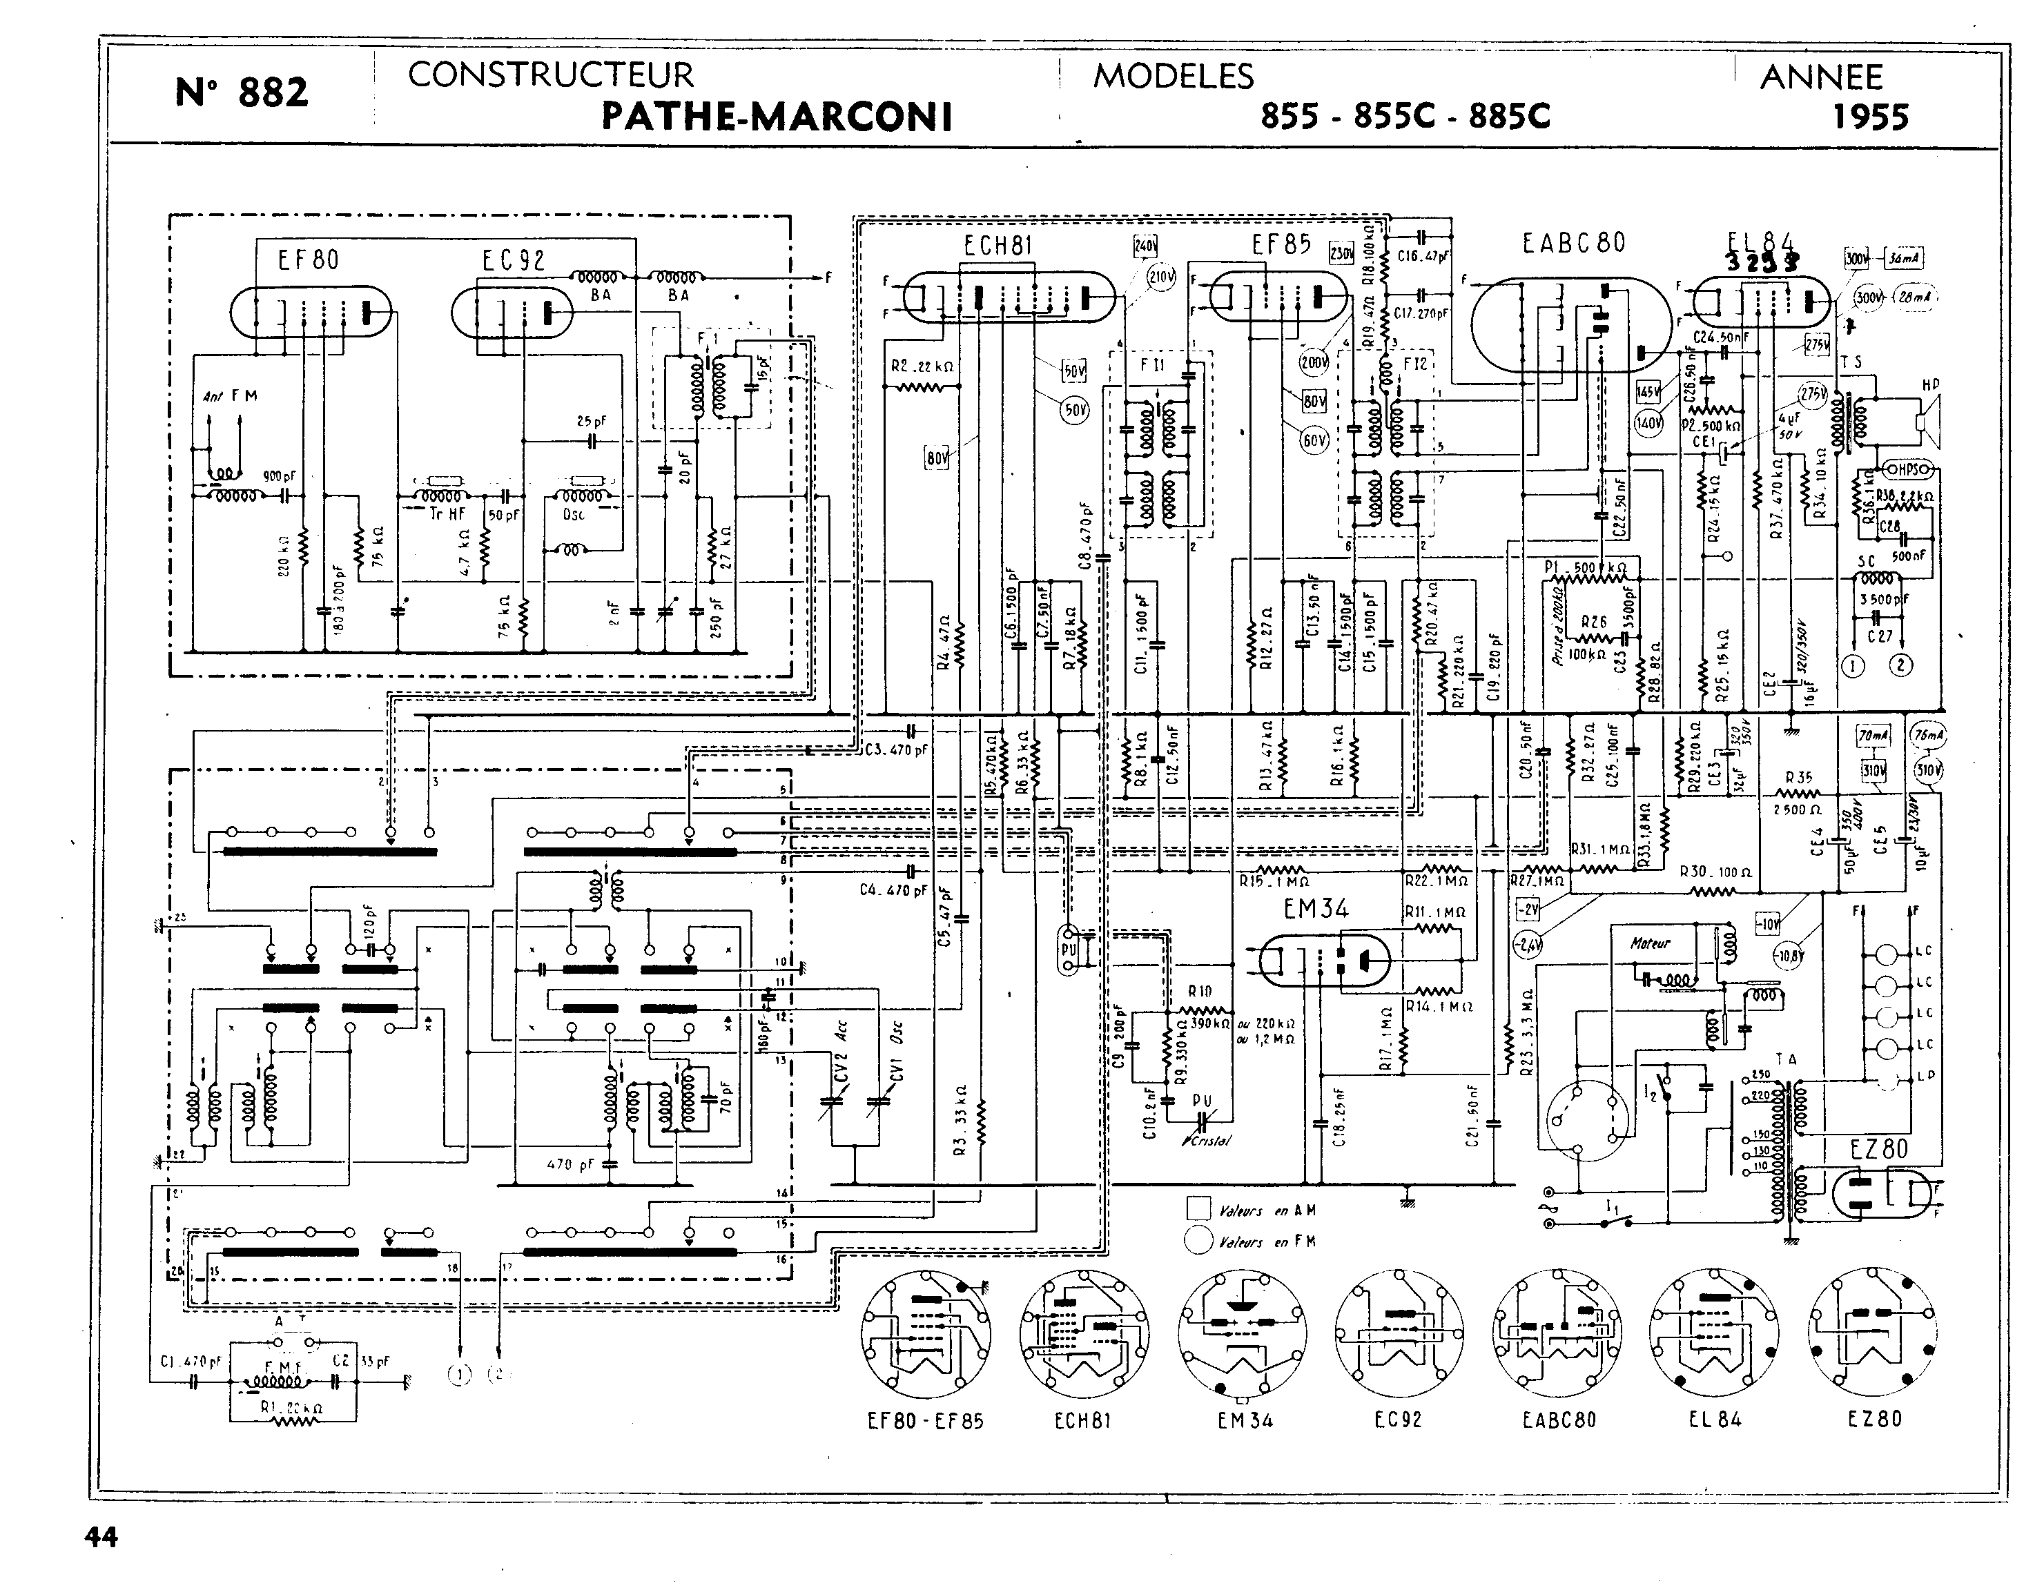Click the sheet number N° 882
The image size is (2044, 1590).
tap(242, 92)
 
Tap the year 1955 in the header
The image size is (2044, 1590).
tap(1870, 117)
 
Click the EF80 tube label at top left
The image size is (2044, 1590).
tap(308, 260)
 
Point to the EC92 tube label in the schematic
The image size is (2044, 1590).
tap(513, 260)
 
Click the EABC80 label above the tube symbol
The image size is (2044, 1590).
tap(1573, 244)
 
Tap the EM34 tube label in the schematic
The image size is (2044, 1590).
tap(1315, 909)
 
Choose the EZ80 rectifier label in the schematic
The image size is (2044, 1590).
tap(1878, 1149)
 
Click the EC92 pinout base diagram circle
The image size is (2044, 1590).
tap(1399, 1333)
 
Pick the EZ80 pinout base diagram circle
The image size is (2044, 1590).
tap(1873, 1333)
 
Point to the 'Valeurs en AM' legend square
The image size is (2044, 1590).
tap(1198, 1208)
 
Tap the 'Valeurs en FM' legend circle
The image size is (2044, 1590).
tap(1198, 1241)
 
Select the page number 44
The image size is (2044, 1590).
tap(101, 1537)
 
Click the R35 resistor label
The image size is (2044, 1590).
tap(1798, 778)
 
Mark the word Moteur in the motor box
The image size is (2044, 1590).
tap(1649, 943)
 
